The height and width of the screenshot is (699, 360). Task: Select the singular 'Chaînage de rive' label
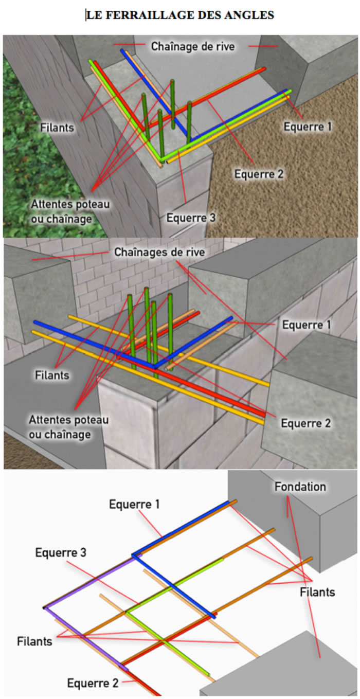click(x=193, y=46)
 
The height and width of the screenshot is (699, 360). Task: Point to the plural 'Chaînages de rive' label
click(x=159, y=252)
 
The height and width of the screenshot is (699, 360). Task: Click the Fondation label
click(x=300, y=487)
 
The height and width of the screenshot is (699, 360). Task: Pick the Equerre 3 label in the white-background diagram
click(x=61, y=552)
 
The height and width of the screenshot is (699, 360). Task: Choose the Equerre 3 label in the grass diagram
click(x=191, y=218)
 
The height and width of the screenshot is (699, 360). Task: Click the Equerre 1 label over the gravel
click(x=307, y=127)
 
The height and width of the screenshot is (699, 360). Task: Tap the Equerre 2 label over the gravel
click(x=259, y=174)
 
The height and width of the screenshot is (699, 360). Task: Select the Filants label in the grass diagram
click(x=57, y=128)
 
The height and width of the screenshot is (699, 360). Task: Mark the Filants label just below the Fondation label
click(x=317, y=592)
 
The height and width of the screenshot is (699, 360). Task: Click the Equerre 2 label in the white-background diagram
click(x=93, y=683)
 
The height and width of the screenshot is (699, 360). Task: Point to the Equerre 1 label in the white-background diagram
click(x=134, y=504)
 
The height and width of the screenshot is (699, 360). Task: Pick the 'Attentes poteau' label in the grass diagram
click(x=70, y=204)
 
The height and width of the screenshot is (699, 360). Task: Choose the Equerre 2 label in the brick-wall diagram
click(x=305, y=423)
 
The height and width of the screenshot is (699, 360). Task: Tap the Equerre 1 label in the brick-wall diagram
click(x=307, y=325)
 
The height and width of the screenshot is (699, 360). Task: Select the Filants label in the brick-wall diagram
click(x=52, y=375)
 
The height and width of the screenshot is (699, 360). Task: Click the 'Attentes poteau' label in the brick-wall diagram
click(x=68, y=420)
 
